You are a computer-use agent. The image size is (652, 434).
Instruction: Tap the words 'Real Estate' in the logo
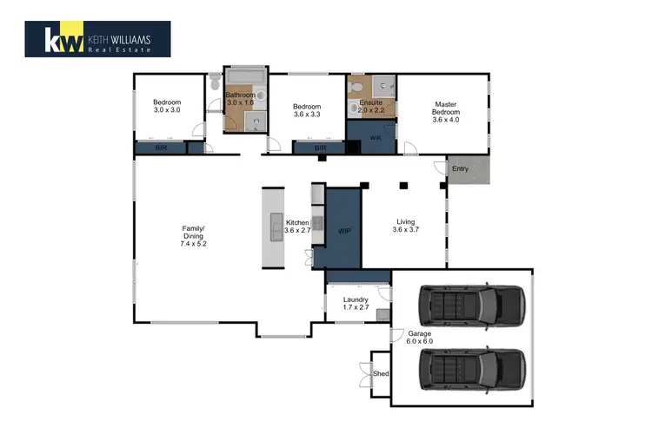pyautogui.click(x=119, y=49)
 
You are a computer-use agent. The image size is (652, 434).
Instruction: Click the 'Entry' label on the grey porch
pyautogui.click(x=460, y=168)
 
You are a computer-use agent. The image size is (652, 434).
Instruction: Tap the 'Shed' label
pyautogui.click(x=381, y=374)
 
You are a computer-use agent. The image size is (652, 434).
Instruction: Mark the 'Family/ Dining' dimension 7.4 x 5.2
pyautogui.click(x=194, y=244)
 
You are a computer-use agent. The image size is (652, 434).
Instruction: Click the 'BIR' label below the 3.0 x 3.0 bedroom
pyautogui.click(x=160, y=149)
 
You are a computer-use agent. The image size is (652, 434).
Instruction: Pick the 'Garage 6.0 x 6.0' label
pyautogui.click(x=419, y=338)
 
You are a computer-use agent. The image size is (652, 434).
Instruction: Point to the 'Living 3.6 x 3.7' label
pyautogui.click(x=406, y=226)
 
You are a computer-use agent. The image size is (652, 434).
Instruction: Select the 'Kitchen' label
pyautogui.click(x=297, y=223)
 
